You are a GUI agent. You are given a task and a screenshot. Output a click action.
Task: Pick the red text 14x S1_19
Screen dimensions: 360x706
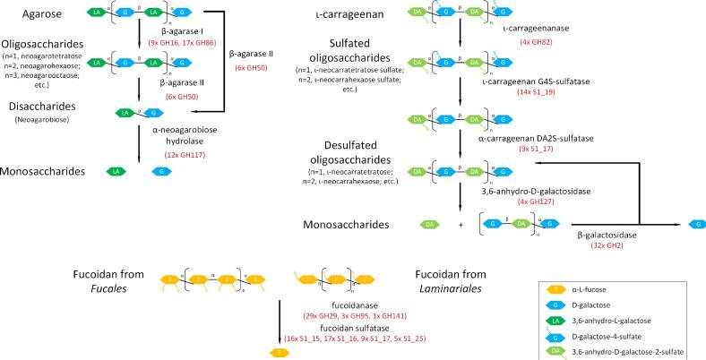coord(529,92)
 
